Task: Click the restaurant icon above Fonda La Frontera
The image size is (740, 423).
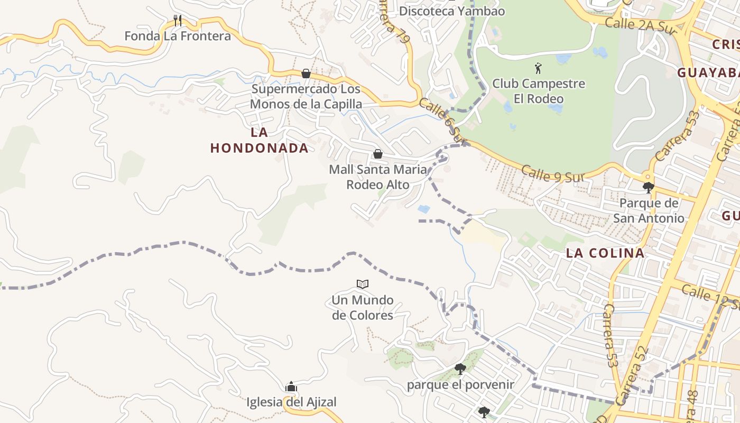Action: point(178,21)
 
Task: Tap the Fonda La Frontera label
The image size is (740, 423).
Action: point(178,36)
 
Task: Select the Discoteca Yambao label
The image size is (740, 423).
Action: point(452,11)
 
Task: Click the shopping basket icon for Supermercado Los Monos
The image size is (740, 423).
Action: point(306,73)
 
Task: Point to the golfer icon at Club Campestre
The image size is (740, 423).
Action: point(538,68)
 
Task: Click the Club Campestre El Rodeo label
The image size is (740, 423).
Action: point(539,91)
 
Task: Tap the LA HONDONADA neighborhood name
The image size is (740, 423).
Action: point(259,140)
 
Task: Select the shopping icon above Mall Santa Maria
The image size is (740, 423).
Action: point(378,154)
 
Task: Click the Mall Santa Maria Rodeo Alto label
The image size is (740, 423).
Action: point(378,177)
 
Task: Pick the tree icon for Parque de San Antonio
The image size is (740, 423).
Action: point(648,187)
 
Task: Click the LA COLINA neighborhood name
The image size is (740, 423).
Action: point(605,253)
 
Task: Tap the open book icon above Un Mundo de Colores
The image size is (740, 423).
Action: point(362,284)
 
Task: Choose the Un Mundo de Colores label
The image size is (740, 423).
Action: point(363,308)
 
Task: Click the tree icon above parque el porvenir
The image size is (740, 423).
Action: point(460,369)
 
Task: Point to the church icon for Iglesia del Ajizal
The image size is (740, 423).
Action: point(291,387)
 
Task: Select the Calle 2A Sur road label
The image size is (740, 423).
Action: point(641,26)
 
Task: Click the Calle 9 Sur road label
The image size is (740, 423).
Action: point(551,174)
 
